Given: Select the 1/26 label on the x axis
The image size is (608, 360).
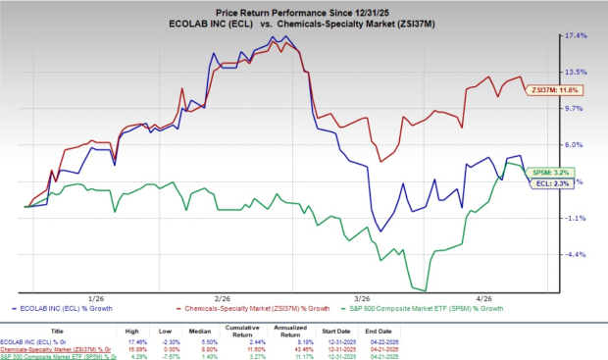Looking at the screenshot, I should point(97,297).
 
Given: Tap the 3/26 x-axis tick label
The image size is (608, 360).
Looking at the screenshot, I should point(362,297).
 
